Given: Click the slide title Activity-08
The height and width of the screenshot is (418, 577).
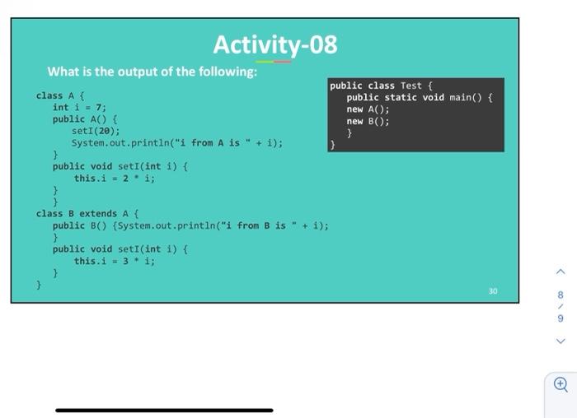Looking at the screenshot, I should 274,44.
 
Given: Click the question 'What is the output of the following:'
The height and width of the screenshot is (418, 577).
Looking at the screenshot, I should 152,72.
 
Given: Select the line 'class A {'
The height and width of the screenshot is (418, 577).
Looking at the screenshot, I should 57,95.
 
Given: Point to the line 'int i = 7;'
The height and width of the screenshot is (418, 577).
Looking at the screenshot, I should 79,107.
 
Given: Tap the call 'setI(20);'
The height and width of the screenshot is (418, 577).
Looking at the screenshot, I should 96,130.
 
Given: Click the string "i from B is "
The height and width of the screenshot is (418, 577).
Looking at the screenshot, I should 256,225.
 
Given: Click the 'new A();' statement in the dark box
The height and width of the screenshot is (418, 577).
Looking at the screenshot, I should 368,109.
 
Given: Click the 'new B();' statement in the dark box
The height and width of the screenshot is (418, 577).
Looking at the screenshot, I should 368,121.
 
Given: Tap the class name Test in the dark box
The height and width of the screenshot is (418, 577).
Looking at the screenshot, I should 410,86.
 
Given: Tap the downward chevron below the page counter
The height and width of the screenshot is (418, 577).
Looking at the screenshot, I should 561,341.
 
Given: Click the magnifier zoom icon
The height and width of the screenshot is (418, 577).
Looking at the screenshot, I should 561,383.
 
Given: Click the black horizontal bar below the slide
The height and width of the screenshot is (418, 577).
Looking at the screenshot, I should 164,409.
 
